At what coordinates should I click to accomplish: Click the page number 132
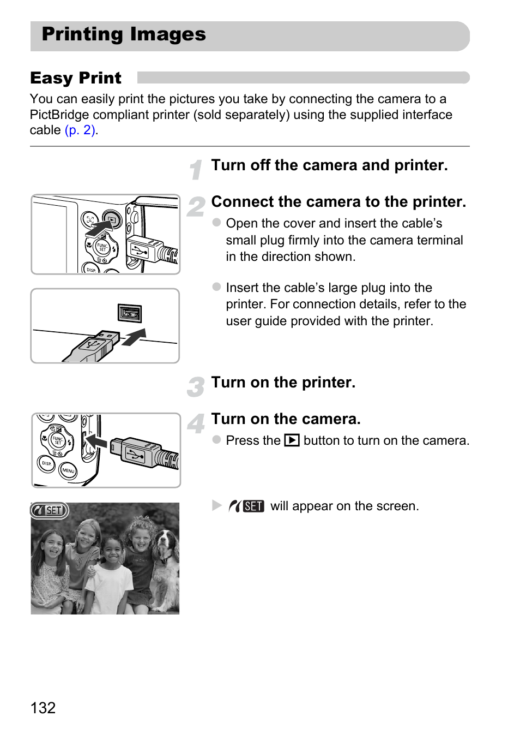point(43,707)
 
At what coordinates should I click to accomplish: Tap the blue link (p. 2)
point(80,130)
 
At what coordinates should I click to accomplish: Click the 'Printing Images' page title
point(124,34)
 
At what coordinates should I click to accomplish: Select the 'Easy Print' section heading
point(76,78)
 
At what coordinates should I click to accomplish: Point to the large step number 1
point(196,170)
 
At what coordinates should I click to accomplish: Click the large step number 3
point(195,387)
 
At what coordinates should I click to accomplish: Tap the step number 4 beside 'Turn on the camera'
point(196,423)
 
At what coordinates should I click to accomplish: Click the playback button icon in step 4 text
point(292,440)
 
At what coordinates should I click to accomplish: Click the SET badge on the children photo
point(49,510)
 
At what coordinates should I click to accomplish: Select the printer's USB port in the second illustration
point(130,313)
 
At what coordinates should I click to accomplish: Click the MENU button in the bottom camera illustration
point(68,470)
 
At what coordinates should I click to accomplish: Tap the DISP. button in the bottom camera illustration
point(46,463)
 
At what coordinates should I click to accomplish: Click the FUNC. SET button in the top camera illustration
point(102,247)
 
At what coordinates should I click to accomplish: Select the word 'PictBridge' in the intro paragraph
point(59,115)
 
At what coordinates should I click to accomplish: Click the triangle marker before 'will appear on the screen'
point(217,505)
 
